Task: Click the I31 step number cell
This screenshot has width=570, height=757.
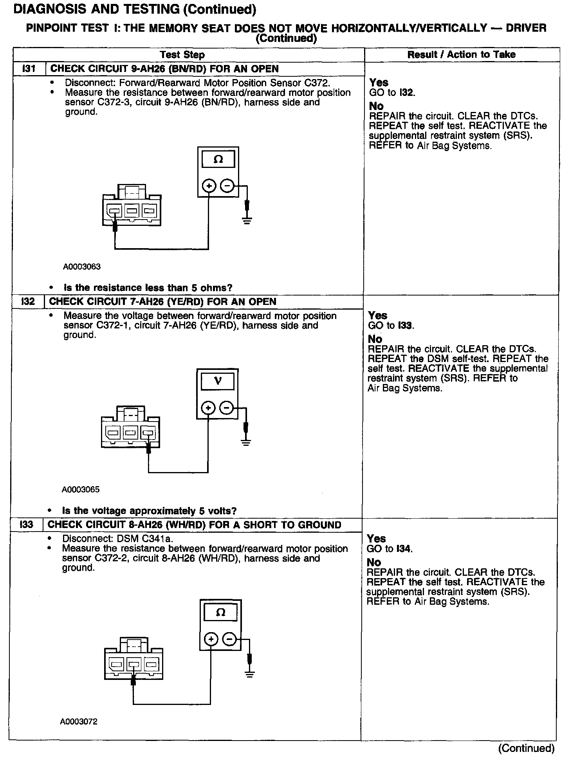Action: tap(29, 69)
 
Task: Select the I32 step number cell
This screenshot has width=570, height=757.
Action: tap(28, 302)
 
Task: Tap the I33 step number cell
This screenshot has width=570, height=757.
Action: tap(26, 525)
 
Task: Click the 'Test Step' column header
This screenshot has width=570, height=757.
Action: tap(182, 55)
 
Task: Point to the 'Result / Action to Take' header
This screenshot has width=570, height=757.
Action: tap(461, 55)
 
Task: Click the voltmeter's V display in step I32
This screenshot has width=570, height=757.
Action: tap(218, 381)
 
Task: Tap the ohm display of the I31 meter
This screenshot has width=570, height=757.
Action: tap(218, 160)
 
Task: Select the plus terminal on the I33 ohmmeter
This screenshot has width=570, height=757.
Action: tap(211, 640)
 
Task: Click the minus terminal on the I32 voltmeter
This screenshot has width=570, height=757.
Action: tap(226, 408)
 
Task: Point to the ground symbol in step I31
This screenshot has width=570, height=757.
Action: tap(247, 220)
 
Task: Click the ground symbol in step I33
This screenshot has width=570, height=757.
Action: tap(249, 674)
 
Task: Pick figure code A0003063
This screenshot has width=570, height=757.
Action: tap(82, 267)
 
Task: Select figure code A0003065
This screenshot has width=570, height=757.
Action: tap(81, 490)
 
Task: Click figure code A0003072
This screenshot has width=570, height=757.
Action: tap(79, 722)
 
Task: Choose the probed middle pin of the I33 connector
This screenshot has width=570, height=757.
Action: tap(134, 664)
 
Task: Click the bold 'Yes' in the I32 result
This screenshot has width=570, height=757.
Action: tap(378, 315)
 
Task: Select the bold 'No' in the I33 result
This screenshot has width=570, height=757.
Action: tap(374, 562)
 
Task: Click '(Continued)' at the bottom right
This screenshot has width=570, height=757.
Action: tap(526, 748)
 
